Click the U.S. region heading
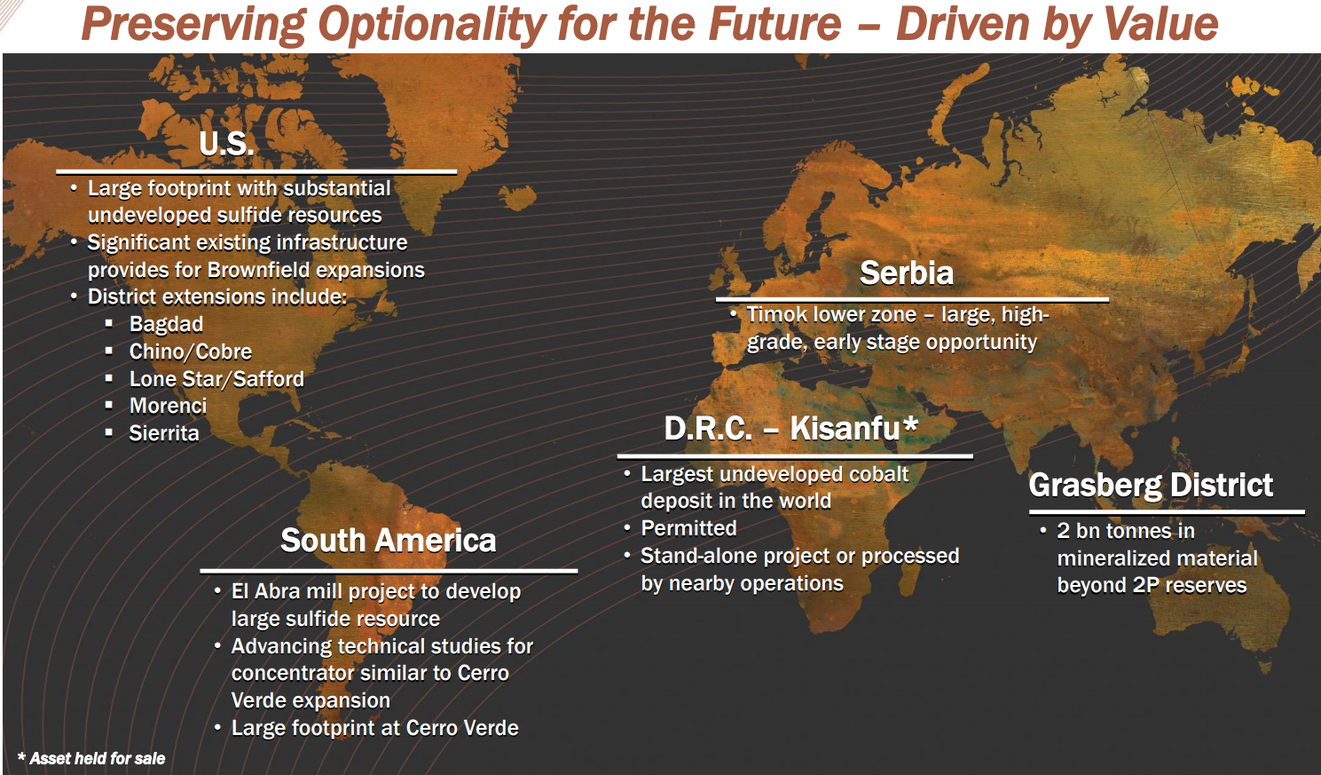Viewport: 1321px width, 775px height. (226, 144)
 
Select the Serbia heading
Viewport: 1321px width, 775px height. (906, 273)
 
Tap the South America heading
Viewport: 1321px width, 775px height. (388, 541)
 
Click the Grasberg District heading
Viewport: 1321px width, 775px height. (1151, 486)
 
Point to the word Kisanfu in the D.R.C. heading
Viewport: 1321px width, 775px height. (845, 429)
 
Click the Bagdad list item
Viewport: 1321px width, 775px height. (166, 324)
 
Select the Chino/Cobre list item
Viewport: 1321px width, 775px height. (190, 352)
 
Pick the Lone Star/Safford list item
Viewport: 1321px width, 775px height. (216, 379)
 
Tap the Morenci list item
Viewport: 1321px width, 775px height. (168, 406)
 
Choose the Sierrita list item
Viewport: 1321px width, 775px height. (164, 433)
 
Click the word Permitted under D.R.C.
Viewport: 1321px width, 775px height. (688, 528)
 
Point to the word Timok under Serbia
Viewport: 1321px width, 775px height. (775, 314)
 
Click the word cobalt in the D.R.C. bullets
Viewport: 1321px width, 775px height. (879, 474)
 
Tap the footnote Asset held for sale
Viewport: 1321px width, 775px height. (97, 758)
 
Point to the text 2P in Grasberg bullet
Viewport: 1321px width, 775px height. (1146, 585)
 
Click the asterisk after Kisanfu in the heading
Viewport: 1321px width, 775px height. (910, 424)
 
